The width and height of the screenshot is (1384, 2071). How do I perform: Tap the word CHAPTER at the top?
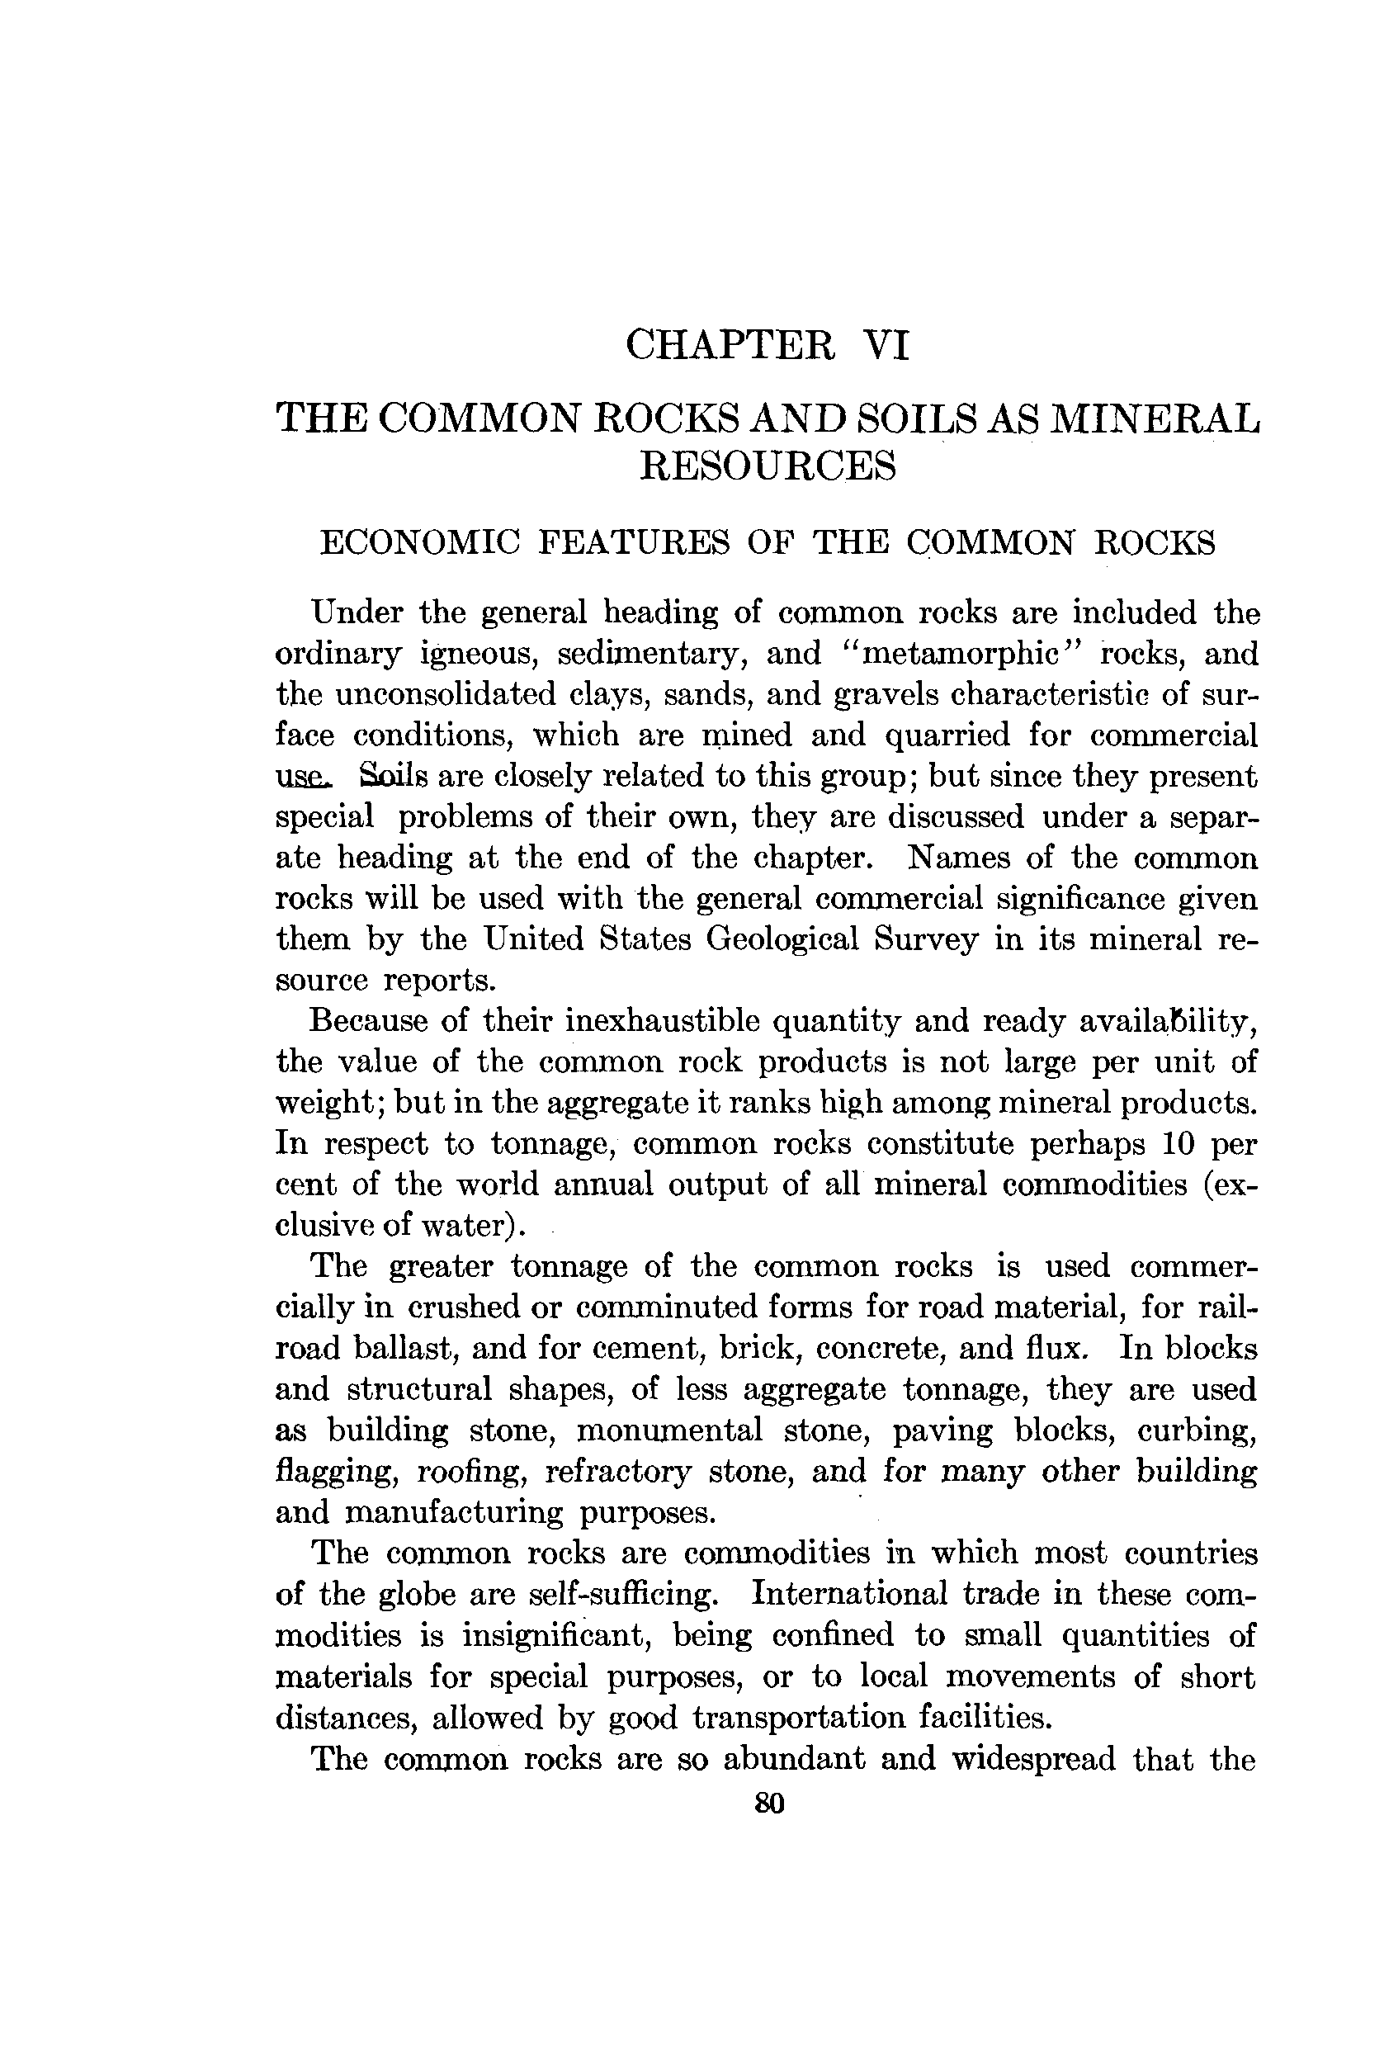[730, 344]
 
